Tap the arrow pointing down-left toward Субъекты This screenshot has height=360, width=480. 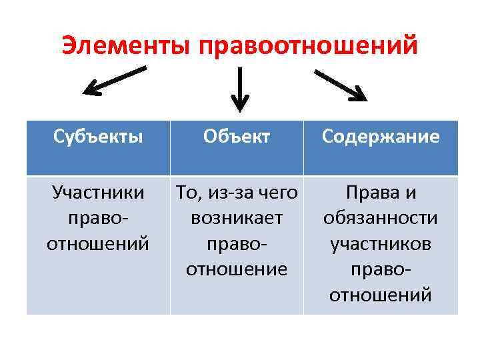tap(113, 80)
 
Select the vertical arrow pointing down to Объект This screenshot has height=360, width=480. tap(239, 87)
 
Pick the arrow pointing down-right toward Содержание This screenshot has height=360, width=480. tap(340, 83)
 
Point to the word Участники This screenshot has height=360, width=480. tap(98, 193)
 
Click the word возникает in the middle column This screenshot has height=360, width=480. tap(237, 218)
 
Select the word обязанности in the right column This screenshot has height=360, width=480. tap(381, 219)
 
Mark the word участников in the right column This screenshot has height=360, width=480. tap(381, 244)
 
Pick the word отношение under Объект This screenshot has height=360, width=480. tap(237, 269)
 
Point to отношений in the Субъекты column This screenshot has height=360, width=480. tap(98, 244)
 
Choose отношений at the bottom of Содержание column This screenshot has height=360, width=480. tap(381, 295)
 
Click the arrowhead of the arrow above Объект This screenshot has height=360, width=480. tap(239, 103)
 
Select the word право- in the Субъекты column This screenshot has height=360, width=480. tap(98, 219)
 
